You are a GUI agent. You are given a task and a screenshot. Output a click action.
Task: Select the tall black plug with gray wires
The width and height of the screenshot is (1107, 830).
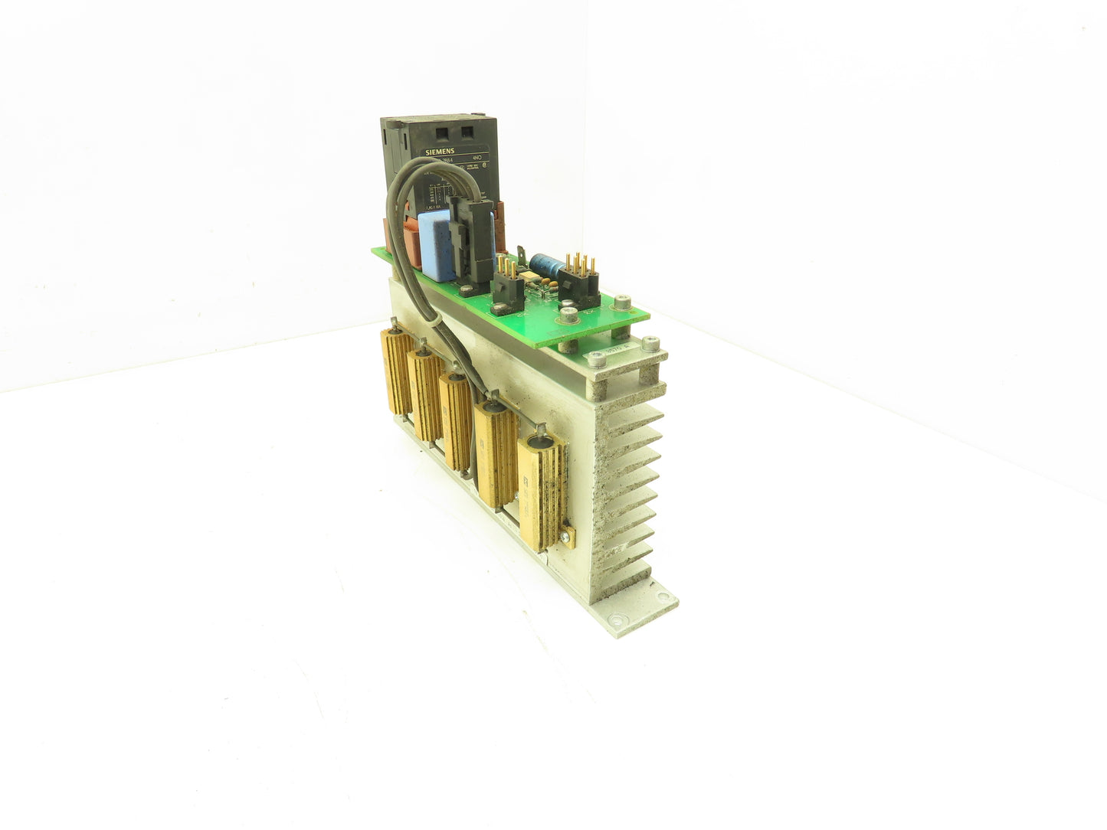coord(469,230)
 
